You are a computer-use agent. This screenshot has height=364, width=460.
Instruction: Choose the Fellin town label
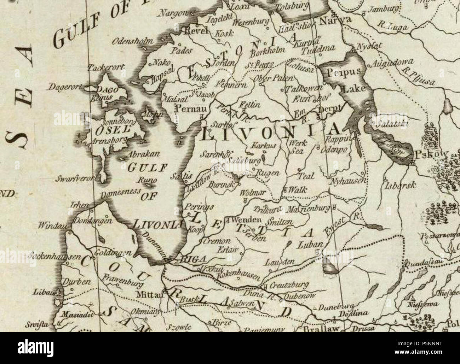(x=250, y=105)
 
